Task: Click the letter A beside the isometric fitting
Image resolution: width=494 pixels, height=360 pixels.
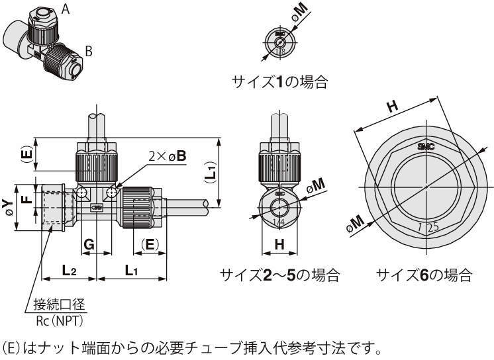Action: point(66,9)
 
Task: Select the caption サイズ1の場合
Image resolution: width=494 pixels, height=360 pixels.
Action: point(279,82)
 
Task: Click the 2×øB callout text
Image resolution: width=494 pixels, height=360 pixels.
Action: point(167,156)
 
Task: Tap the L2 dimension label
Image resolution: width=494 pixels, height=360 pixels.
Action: point(70,270)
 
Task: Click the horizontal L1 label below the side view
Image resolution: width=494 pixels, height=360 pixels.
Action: point(132,270)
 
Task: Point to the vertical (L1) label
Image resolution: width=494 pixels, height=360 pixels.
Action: point(210,173)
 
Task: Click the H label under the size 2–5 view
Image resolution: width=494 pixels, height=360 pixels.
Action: point(279,244)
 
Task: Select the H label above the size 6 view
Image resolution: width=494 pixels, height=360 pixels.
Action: point(392,106)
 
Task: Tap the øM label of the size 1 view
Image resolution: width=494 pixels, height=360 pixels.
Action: point(299,11)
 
